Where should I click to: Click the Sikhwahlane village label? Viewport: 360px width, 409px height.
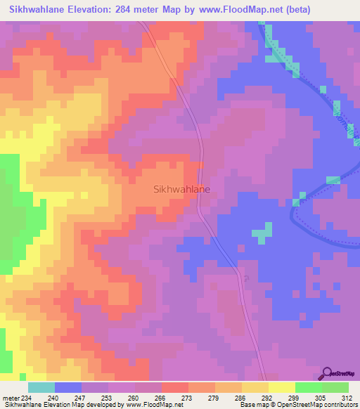tap(181, 189)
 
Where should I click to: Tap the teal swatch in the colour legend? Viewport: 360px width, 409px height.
tap(41, 387)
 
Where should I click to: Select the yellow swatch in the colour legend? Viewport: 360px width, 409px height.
tap(281, 387)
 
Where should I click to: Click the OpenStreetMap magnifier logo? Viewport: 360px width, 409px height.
tap(328, 373)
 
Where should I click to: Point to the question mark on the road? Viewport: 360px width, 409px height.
tap(246, 278)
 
